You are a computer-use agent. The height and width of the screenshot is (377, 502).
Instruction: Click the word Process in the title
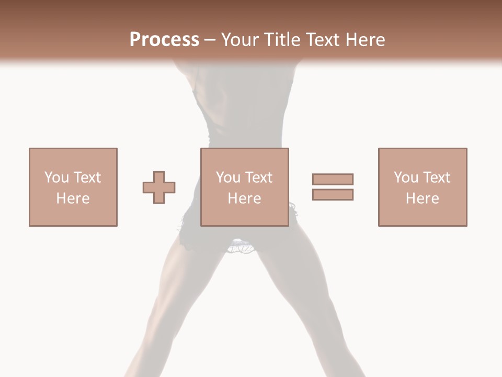pos(164,40)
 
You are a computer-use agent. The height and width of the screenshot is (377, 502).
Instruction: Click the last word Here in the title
pos(365,40)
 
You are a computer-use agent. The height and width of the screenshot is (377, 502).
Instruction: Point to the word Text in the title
pos(322,40)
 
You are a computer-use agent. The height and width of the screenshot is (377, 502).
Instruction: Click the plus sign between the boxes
pos(159,187)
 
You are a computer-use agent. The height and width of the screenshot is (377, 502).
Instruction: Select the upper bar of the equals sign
pos(333,179)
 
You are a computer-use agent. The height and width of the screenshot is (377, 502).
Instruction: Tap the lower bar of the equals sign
pos(333,194)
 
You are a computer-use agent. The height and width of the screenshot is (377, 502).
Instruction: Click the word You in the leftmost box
pos(56,178)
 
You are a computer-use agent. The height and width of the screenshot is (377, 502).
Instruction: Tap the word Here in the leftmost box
pos(73,198)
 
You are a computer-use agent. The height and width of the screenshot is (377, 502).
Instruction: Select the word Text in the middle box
pos(258,178)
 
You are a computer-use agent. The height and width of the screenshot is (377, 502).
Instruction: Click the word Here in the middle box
pos(244,198)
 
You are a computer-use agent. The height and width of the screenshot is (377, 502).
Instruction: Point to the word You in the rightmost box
pos(406,178)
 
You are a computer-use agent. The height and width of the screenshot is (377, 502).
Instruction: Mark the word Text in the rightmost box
pos(436,178)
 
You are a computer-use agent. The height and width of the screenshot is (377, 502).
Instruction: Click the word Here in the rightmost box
pos(422,198)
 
